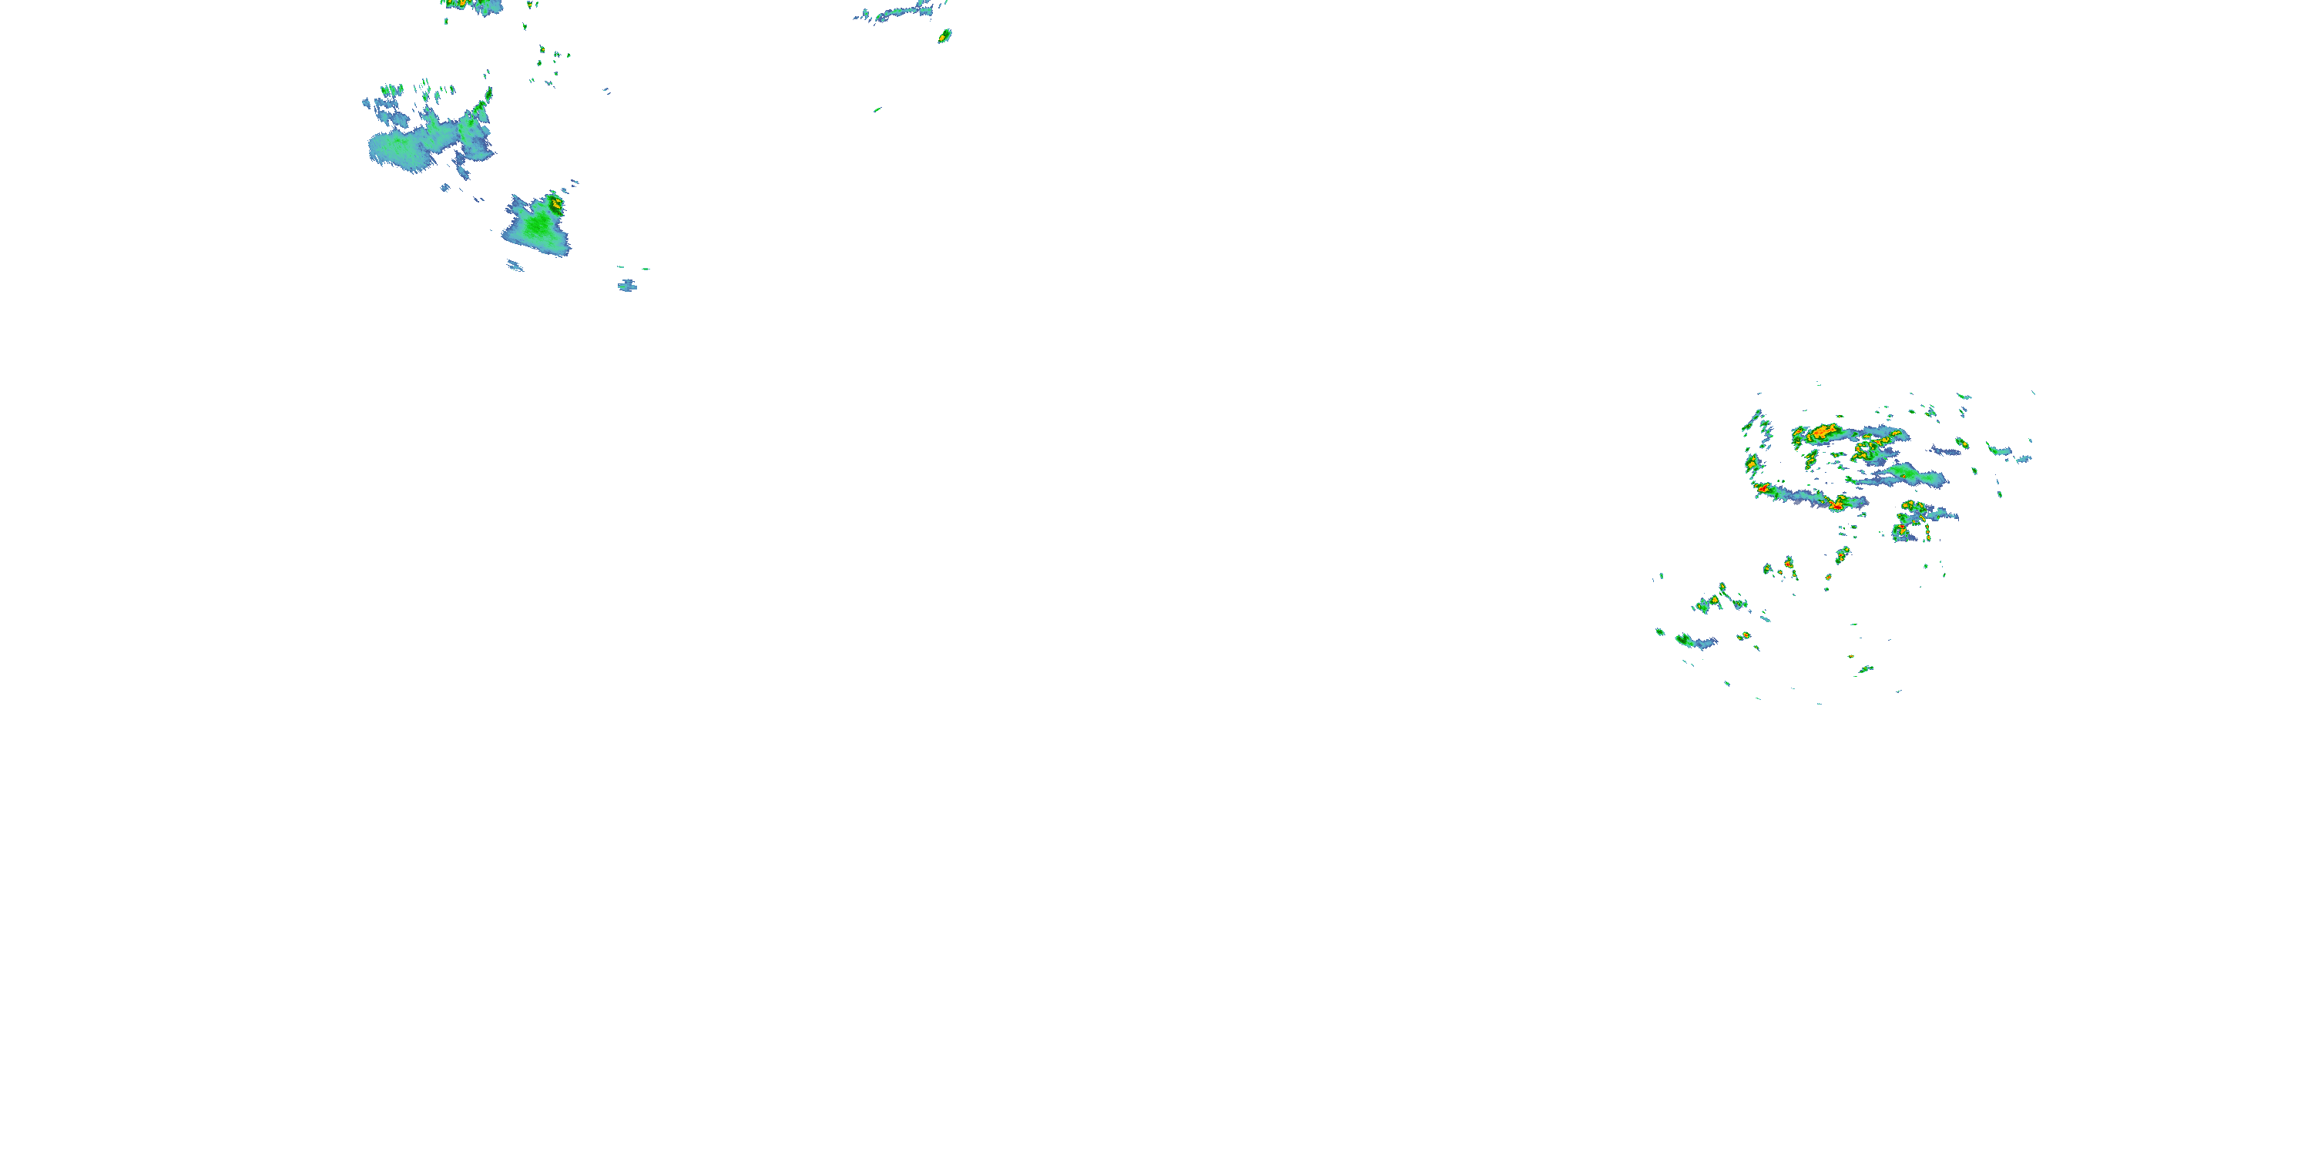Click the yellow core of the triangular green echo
tap(556, 203)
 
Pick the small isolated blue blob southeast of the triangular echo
tap(627, 286)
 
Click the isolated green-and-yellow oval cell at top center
tap(944, 36)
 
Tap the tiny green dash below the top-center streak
tap(877, 109)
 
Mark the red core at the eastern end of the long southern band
tap(1836, 506)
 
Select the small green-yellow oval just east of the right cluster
tap(1963, 443)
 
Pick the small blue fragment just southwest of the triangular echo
tap(515, 266)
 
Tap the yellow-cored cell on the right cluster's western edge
tap(1750, 463)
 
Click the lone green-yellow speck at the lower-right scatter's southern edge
tap(1865, 669)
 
